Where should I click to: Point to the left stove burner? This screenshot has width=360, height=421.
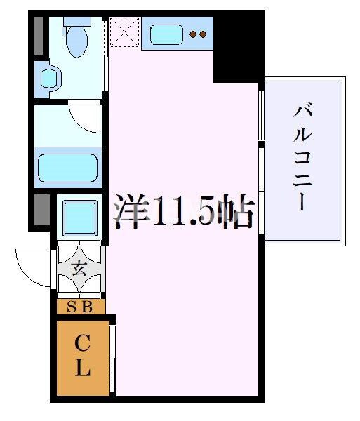tap(194, 34)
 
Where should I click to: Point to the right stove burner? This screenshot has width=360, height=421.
tap(204, 34)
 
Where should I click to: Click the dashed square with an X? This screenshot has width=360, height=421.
tap(124, 32)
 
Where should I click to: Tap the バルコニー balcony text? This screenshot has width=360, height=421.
tap(302, 158)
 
